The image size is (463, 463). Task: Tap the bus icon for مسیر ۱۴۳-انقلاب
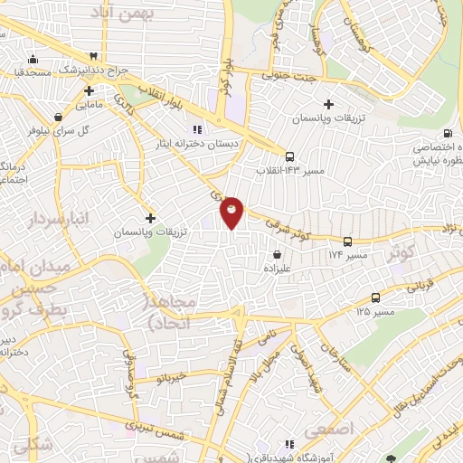coord(289,156)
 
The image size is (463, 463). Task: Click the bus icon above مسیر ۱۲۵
coord(374,298)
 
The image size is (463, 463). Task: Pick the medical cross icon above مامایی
coord(89,90)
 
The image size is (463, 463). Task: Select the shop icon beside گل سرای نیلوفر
coord(59,117)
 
